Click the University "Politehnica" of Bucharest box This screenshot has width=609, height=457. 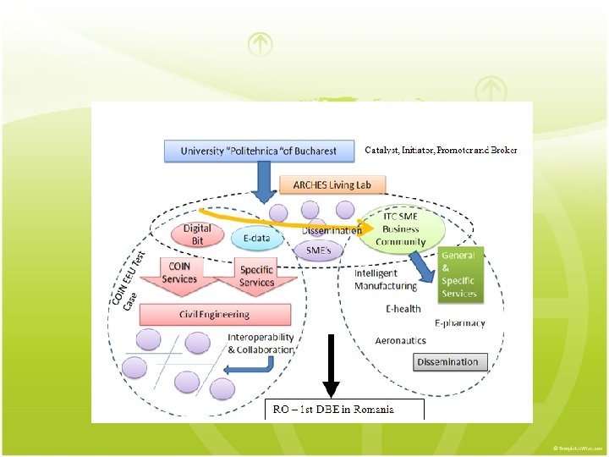tap(258, 151)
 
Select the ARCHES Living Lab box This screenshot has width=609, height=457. tap(338, 184)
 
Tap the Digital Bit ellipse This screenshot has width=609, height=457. tap(197, 234)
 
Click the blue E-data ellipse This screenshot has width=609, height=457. tap(255, 238)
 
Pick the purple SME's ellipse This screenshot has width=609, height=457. tap(318, 251)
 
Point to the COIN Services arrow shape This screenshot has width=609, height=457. tap(179, 274)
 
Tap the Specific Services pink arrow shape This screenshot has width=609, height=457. tap(255, 276)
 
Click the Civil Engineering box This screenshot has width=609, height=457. tap(214, 314)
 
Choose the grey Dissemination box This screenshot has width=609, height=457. tap(452, 362)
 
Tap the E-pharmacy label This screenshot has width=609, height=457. tap(460, 323)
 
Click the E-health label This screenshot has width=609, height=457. tap(403, 309)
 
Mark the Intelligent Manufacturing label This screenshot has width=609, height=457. tap(386, 280)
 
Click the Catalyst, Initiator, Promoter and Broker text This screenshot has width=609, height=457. tap(441, 150)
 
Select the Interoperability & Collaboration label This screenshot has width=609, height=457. tap(261, 344)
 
